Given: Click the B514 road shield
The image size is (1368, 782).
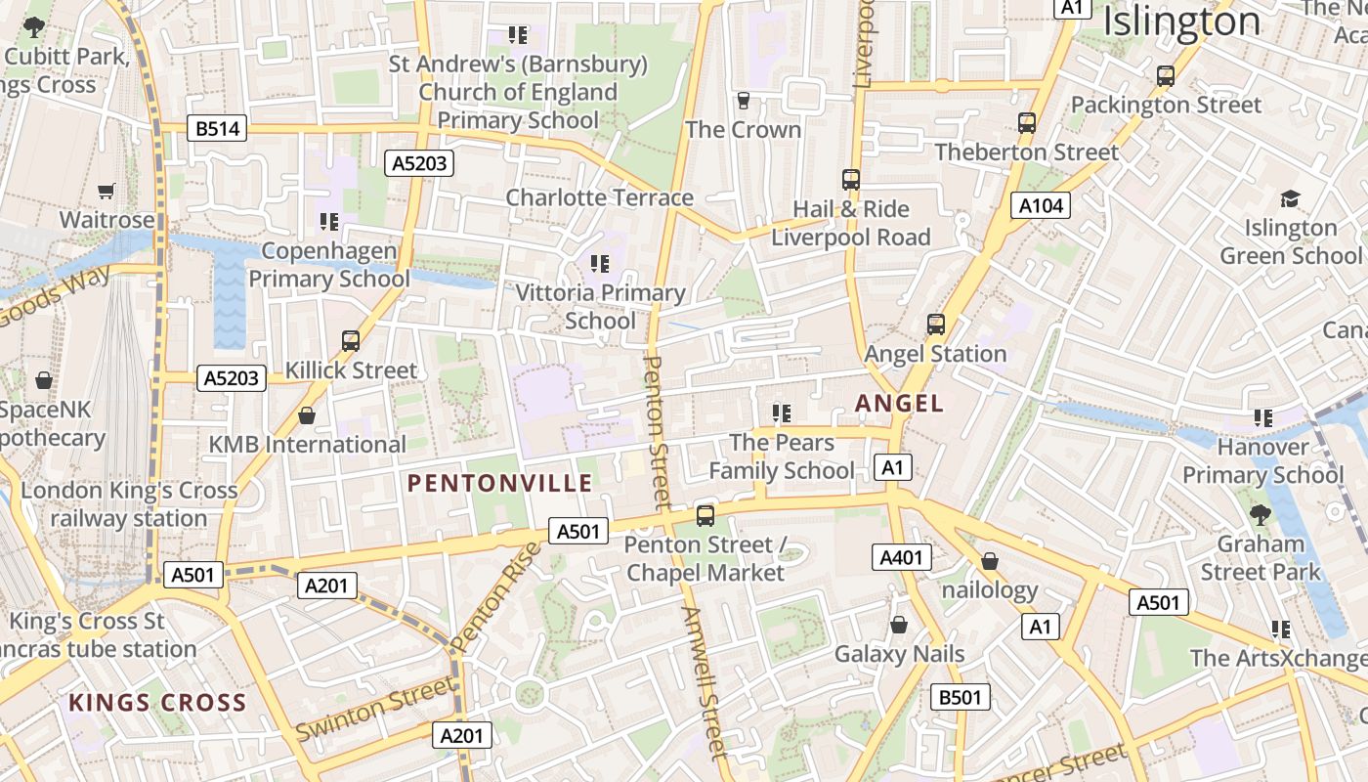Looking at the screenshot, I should [216, 128].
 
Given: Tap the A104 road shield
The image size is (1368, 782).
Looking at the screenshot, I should [1040, 205].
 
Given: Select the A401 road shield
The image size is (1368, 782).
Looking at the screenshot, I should [901, 558].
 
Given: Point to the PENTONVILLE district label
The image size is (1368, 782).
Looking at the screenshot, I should [499, 483].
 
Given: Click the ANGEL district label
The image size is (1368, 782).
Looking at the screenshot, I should [899, 403].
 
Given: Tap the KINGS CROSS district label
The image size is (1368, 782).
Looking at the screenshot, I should [157, 702].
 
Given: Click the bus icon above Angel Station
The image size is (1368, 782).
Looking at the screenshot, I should [936, 324].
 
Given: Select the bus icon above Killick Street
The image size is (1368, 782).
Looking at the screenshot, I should [351, 340].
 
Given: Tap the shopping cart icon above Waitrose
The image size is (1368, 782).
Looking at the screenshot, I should [107, 191].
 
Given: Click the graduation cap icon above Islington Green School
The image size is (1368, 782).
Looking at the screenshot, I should [1290, 198].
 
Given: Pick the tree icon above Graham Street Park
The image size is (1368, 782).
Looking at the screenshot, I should [1261, 514].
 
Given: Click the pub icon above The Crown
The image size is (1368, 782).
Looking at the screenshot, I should [743, 100].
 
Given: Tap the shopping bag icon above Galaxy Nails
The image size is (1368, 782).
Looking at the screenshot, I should [899, 625].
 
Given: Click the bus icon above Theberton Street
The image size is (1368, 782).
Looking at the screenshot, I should [1026, 123].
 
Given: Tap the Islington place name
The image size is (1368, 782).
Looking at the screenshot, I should [1181, 22].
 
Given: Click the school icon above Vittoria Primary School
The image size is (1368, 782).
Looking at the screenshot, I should [600, 263].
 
